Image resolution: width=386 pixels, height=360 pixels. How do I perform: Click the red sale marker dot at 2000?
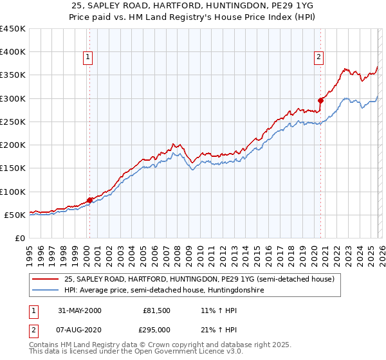pos(89,200)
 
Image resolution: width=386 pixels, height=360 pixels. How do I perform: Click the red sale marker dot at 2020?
pos(320,100)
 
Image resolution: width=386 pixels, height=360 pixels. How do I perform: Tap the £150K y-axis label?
pos(13,168)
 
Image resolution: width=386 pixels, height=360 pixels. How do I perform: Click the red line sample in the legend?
pos(46,280)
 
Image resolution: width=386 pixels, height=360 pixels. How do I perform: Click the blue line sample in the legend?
pos(46,291)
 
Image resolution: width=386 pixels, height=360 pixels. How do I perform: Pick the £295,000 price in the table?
pos(156,330)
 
